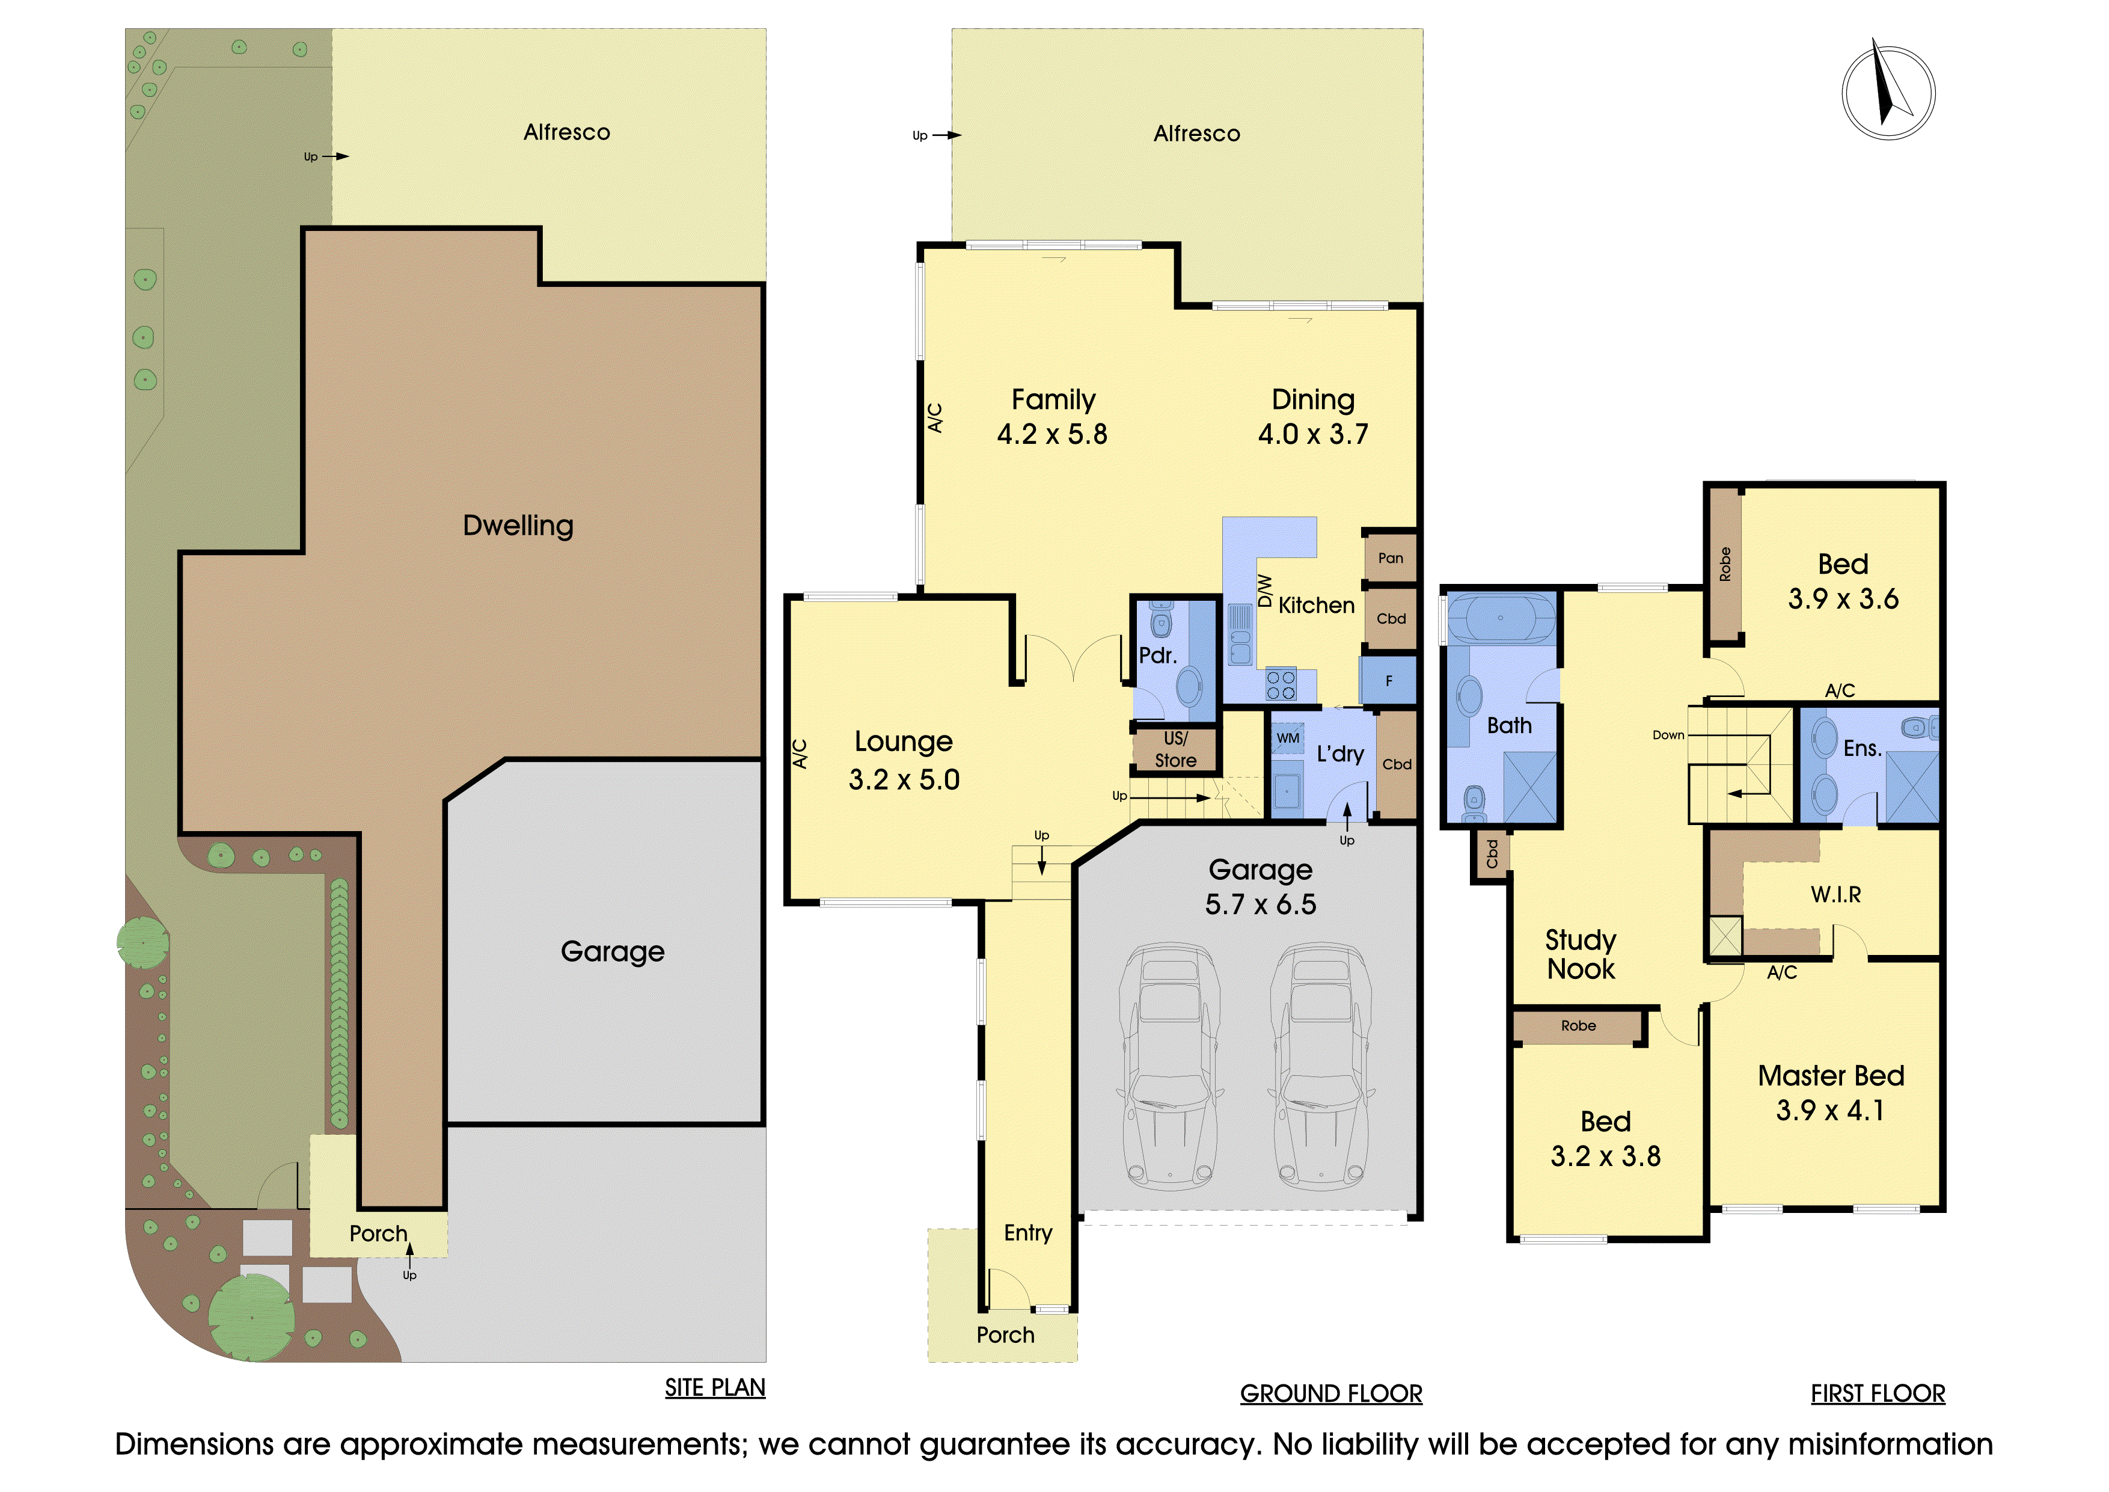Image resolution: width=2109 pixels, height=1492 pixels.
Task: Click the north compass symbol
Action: [1888, 92]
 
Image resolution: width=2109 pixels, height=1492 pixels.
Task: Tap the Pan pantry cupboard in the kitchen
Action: [1390, 557]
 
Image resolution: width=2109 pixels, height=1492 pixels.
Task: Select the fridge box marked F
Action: [1388, 681]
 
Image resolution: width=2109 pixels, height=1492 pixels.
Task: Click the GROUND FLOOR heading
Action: [1331, 1394]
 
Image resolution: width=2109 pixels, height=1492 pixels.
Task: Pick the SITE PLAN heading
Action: [715, 1387]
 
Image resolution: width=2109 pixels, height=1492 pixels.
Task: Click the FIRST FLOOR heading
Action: [1878, 1394]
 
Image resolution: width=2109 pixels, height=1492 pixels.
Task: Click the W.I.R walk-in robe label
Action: [1835, 894]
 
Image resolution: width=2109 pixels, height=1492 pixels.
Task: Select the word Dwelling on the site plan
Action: [518, 526]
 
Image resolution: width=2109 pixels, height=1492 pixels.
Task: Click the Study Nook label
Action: [1581, 954]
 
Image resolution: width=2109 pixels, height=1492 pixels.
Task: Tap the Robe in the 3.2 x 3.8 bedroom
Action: [1578, 1025]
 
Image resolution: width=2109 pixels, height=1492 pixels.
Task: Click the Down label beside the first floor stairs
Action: [1668, 735]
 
